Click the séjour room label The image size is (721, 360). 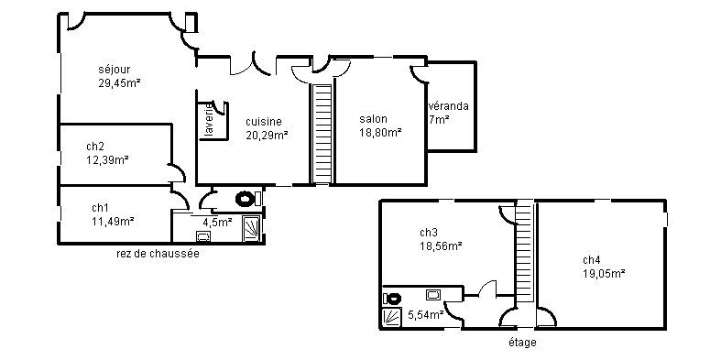114,70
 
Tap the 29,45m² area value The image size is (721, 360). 119,83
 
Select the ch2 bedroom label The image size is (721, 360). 95,147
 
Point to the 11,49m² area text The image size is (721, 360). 113,221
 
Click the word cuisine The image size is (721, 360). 264,122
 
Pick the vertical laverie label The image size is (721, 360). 209,121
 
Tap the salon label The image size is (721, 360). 373,119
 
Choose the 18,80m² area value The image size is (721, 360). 380,133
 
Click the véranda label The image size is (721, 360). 449,106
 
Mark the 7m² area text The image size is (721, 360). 439,120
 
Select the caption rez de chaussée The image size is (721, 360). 158,254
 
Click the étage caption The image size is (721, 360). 522,343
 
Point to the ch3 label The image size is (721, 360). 429,232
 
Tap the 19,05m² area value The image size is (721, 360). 604,274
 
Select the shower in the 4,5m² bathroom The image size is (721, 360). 252,228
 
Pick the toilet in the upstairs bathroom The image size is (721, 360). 392,299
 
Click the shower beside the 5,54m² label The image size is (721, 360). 392,317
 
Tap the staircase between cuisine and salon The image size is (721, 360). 322,134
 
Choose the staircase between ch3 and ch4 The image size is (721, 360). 524,252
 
